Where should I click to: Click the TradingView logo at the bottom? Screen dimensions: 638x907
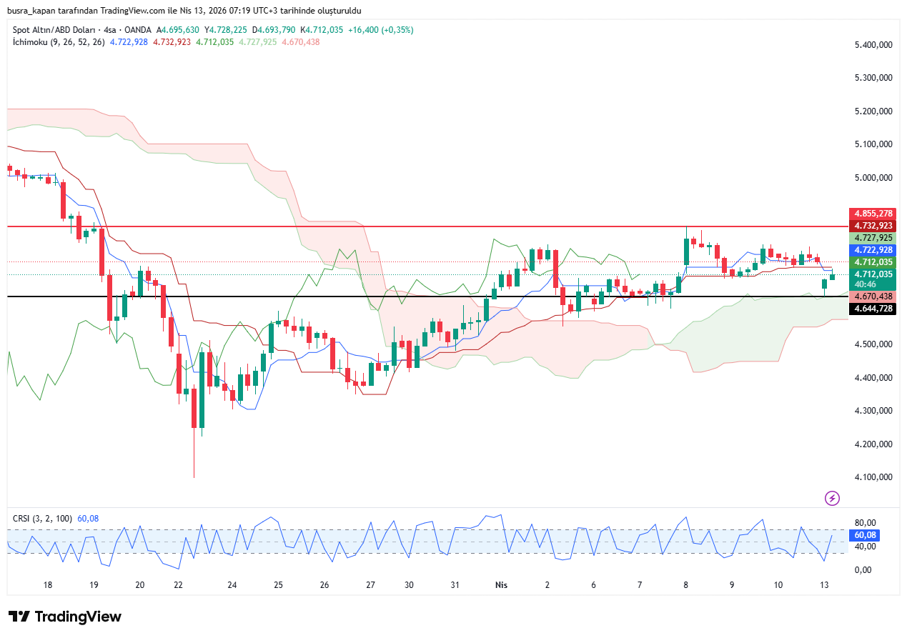[x=65, y=617]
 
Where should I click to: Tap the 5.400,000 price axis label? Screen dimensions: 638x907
[x=873, y=44]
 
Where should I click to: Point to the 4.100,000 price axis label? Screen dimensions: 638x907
[x=873, y=477]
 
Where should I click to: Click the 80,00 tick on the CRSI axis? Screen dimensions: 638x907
[x=865, y=523]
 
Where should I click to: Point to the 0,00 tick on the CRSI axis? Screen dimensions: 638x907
[x=862, y=570]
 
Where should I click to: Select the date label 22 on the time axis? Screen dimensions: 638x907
[x=179, y=584]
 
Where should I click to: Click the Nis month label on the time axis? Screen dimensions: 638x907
[x=501, y=584]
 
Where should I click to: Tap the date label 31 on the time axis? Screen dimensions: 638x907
[x=455, y=584]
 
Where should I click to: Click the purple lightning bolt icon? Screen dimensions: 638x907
[x=832, y=498]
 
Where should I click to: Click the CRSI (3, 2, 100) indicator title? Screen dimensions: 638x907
[x=42, y=518]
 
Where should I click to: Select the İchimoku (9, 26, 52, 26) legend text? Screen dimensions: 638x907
[x=59, y=42]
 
